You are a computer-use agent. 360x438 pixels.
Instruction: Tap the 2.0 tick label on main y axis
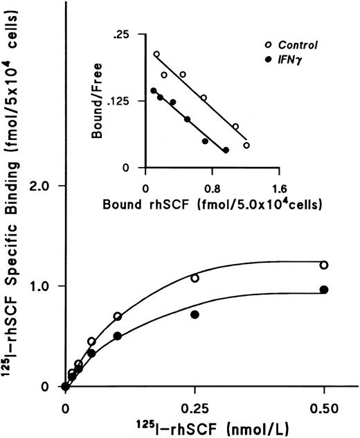pyautogui.click(x=44, y=186)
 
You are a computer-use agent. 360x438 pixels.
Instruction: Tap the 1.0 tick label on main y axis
pyautogui.click(x=44, y=286)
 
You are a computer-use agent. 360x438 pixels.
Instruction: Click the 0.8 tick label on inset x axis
pyautogui.click(x=212, y=187)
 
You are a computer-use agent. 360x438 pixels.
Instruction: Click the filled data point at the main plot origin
pyautogui.click(x=65, y=387)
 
